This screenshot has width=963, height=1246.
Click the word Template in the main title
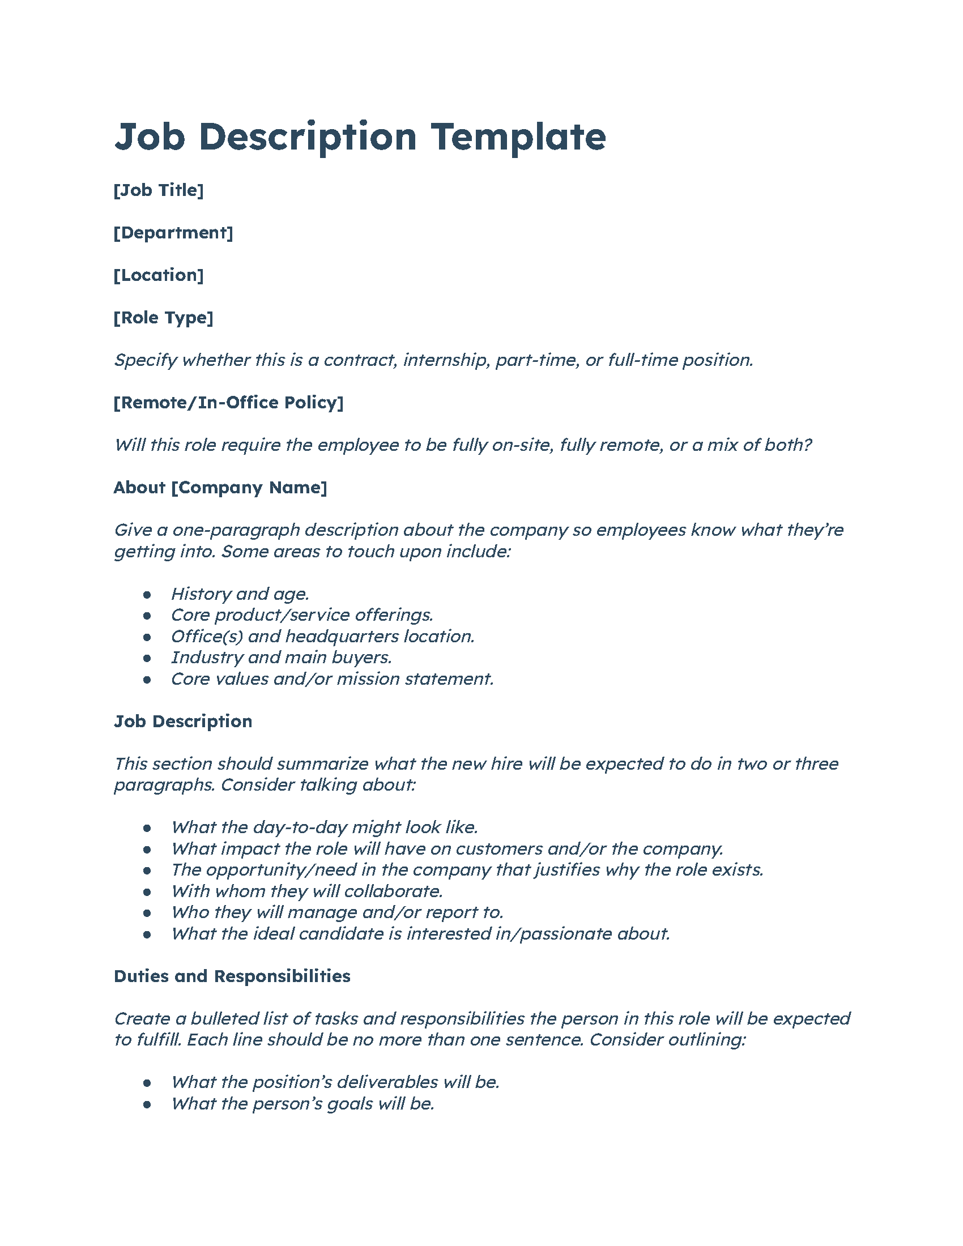[x=518, y=138]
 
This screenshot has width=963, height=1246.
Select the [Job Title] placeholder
[x=159, y=190]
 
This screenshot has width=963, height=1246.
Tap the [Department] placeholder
[x=173, y=233]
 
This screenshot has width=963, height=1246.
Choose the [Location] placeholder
[x=159, y=275]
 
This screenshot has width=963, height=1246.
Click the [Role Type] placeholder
[x=164, y=318]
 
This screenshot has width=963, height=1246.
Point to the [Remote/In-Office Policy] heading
[x=229, y=403]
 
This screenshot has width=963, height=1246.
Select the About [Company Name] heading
[x=220, y=488]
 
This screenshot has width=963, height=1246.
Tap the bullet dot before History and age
[x=147, y=595]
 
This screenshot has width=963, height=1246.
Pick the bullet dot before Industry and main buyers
[x=147, y=658]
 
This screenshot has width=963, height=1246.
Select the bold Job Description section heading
[x=183, y=722]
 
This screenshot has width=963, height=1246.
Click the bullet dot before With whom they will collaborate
[x=147, y=891]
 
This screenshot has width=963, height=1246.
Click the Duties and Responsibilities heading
[x=232, y=976]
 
